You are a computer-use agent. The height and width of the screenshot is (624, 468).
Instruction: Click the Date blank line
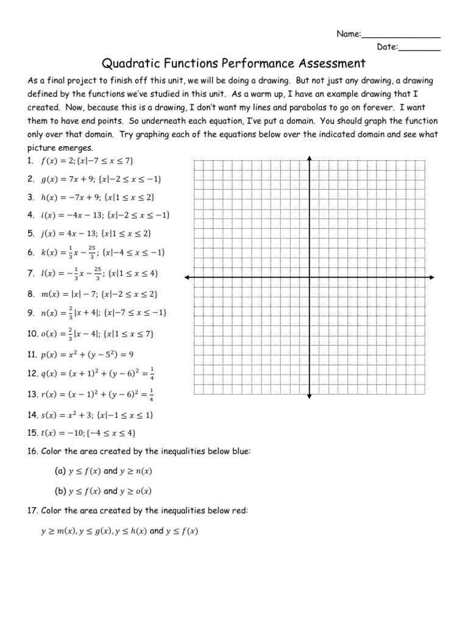[420, 47]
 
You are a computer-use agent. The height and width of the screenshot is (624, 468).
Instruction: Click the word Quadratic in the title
[129, 63]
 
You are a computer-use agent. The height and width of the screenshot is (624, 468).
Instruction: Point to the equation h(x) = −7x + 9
[98, 197]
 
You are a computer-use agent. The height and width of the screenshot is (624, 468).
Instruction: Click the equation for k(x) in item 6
[104, 252]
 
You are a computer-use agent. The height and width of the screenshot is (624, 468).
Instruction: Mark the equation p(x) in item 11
[88, 354]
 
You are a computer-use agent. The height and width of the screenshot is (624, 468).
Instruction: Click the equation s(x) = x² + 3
[98, 415]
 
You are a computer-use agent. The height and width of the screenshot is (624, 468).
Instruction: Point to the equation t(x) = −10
[89, 433]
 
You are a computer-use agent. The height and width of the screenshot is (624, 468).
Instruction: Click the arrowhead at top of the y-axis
[310, 158]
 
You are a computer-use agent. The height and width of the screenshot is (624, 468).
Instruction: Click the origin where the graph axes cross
[310, 278]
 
